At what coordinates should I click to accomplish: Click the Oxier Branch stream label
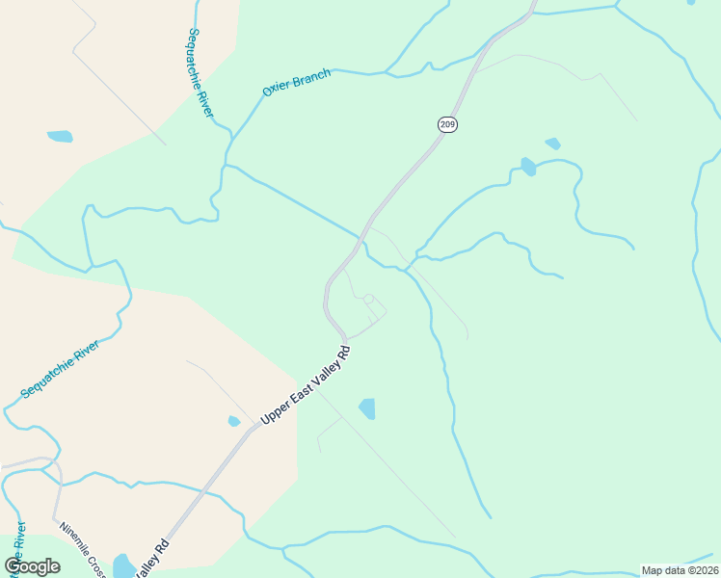297,82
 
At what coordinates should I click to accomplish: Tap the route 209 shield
447,123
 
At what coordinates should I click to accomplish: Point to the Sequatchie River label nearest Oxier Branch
200,72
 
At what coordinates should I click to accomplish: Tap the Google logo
32,566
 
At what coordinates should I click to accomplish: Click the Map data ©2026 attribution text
680,570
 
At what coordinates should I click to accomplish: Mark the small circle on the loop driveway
368,300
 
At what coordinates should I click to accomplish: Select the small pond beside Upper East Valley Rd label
234,421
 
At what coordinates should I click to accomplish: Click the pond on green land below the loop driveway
367,408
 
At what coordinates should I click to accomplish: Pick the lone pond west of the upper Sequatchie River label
60,137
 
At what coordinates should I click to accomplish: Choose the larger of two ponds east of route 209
528,166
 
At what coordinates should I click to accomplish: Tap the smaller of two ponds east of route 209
552,144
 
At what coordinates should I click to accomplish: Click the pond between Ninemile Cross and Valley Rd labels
124,565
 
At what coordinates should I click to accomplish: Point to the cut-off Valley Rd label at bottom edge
153,559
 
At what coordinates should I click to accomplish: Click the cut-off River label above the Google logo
18,541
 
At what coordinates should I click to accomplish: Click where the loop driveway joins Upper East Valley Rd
345,337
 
